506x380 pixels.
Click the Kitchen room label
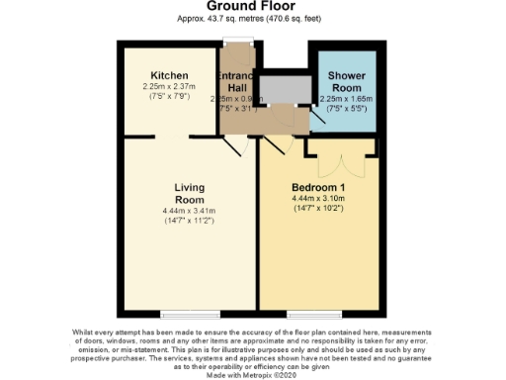169,76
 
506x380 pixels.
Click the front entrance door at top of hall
236,41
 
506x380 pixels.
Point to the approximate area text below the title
254,19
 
